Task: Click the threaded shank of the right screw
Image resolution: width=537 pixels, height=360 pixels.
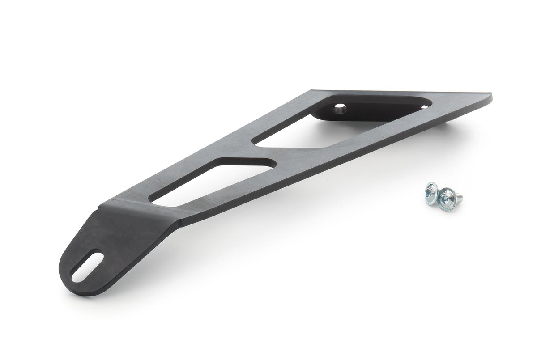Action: (x=459, y=196)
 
